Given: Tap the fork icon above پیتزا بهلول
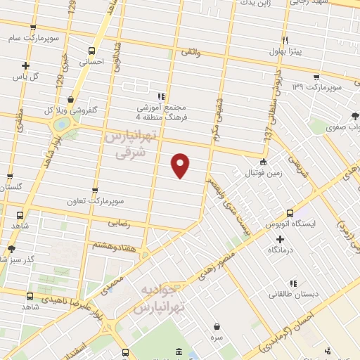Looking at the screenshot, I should coord(285,40).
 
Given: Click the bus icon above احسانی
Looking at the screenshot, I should coord(91,51).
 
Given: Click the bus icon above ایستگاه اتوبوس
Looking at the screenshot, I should coord(290,213).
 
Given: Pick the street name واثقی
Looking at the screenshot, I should coord(191,53).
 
